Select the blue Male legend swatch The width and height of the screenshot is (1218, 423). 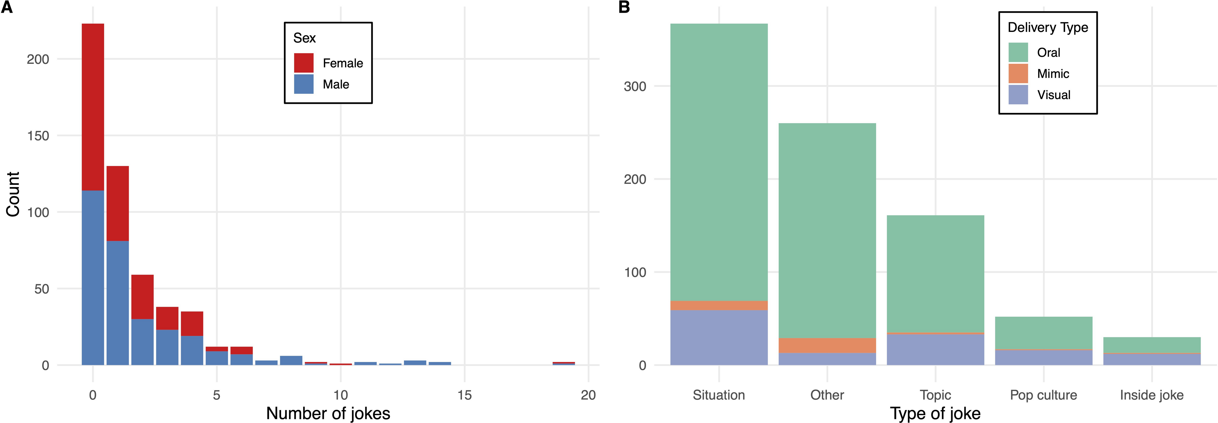(x=303, y=84)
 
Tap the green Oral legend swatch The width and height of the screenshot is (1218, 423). (x=1018, y=52)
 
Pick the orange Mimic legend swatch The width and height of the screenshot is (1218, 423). (x=1018, y=73)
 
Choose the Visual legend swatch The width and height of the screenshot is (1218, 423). (x=1018, y=94)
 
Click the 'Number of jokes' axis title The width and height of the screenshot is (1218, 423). (x=328, y=413)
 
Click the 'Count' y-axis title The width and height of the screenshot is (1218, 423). (x=13, y=194)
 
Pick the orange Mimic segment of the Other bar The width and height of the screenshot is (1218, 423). (x=827, y=346)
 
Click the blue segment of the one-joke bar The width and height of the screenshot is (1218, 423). (x=117, y=302)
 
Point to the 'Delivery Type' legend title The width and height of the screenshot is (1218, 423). (x=1048, y=27)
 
